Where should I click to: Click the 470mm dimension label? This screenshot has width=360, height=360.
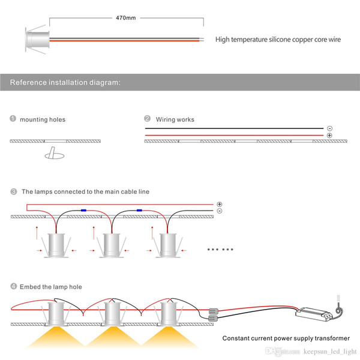pyautogui.click(x=126, y=17)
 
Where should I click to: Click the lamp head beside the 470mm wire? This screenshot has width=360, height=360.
pyautogui.click(x=37, y=40)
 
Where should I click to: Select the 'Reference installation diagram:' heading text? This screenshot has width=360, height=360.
pyautogui.click(x=65, y=82)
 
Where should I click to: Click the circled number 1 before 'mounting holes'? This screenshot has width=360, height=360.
pyautogui.click(x=13, y=118)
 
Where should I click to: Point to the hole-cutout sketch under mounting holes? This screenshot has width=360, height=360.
pyautogui.click(x=55, y=153)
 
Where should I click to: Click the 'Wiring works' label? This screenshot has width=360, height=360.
pyautogui.click(x=175, y=119)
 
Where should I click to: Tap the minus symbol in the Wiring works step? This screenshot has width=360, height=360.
pyautogui.click(x=329, y=128)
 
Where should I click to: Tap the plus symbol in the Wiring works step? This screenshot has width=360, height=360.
pyautogui.click(x=329, y=136)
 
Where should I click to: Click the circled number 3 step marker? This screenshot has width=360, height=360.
pyautogui.click(x=14, y=191)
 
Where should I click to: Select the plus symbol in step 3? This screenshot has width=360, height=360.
pyautogui.click(x=220, y=204)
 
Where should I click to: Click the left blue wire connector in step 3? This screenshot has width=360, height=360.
pyautogui.click(x=83, y=211)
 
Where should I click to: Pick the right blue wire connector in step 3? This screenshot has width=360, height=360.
pyautogui.click(x=139, y=211)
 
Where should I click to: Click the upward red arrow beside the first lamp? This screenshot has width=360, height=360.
pyautogui.click(x=37, y=233)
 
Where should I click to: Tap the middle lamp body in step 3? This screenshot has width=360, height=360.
pyautogui.click(x=112, y=245)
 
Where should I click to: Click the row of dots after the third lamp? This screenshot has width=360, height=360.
pyautogui.click(x=220, y=250)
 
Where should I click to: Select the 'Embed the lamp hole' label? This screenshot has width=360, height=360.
pyautogui.click(x=51, y=287)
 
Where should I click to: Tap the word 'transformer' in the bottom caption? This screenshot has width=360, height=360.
pyautogui.click(x=332, y=338)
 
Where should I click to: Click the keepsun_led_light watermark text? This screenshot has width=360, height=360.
pyautogui.click(x=330, y=352)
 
